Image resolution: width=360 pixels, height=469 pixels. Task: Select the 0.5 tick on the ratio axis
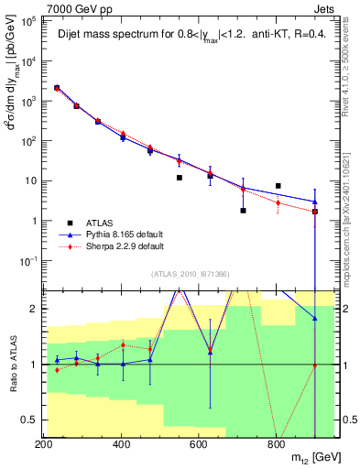30,420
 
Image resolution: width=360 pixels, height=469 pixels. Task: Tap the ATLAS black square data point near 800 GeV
278,186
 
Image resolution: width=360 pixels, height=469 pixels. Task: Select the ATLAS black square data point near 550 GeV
180,178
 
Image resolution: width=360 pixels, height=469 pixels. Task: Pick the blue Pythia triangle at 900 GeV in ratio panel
315,318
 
